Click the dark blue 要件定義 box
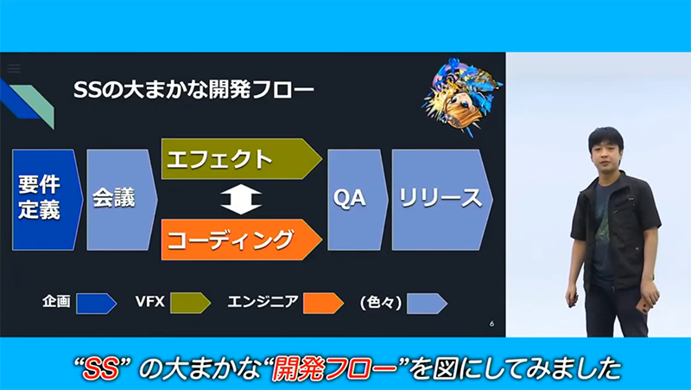tap(48, 200)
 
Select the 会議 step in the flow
tap(122, 200)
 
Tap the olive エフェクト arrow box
tap(241, 159)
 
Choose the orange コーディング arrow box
tap(241, 240)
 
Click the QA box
tap(358, 200)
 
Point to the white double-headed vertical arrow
tap(241, 200)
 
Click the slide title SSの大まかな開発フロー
tap(193, 90)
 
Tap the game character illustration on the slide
tap(462, 96)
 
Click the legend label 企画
tap(56, 301)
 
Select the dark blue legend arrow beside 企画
tap(97, 304)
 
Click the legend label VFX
tap(149, 302)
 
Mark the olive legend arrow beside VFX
tap(190, 303)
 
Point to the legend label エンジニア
tap(263, 302)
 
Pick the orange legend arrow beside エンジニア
tap(323, 303)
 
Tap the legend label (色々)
tap(381, 303)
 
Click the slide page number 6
tap(491, 323)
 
